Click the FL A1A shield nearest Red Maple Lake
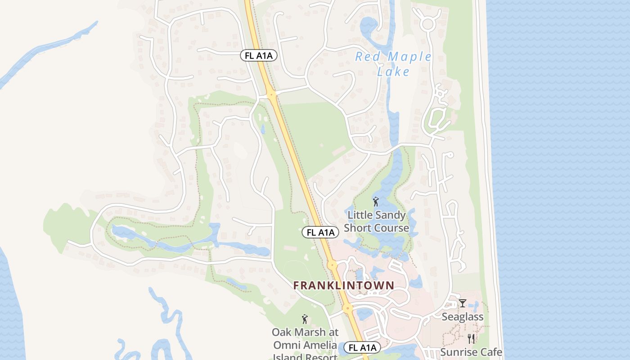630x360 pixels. pos(258,55)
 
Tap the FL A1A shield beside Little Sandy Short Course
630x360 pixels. pos(320,232)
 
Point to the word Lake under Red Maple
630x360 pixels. pos(393,72)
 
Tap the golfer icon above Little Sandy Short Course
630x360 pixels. pos(376,202)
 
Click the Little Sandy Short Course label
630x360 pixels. pos(376,221)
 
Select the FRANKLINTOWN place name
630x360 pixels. pos(343,285)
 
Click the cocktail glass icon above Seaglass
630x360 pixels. pos(462,303)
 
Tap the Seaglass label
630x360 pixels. pos(462,317)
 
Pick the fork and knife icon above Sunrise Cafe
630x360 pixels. pos(471,338)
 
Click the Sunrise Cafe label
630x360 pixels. pos(471,352)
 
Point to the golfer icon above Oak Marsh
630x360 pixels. pos(305,319)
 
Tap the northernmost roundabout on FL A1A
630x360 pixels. pos(271,94)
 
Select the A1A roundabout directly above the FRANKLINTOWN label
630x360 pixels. pos(332,265)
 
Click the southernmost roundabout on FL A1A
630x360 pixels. pos(347,309)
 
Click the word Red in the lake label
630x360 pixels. pos(365,57)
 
